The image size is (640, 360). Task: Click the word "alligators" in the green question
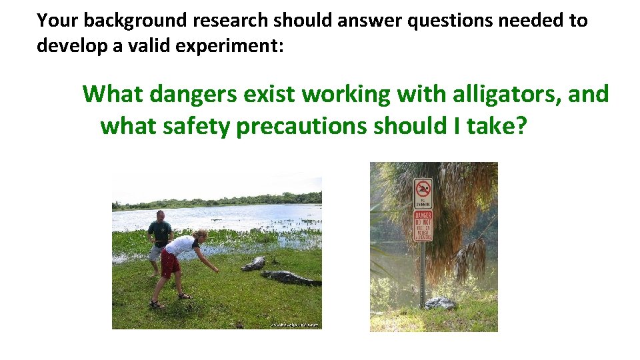pyautogui.click(x=507, y=95)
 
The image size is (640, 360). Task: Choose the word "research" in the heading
pyautogui.click(x=231, y=21)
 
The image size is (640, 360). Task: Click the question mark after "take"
pyautogui.click(x=519, y=125)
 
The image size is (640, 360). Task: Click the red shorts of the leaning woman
pyautogui.click(x=170, y=264)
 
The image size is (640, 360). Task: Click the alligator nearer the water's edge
pyautogui.click(x=253, y=264)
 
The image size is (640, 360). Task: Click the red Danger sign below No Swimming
pyautogui.click(x=423, y=225)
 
